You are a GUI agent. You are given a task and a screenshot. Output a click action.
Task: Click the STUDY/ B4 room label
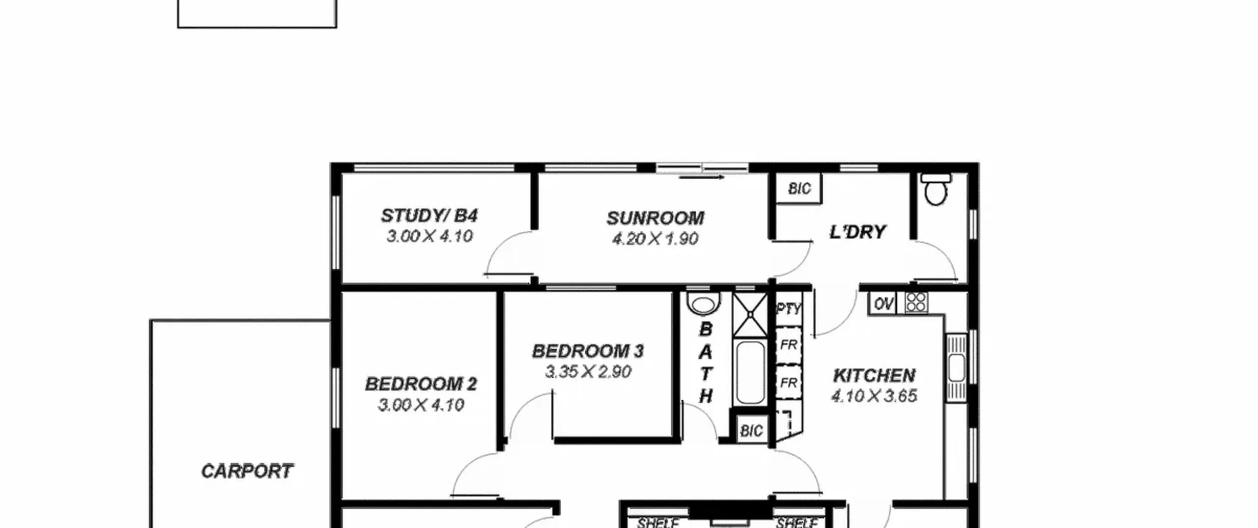click(x=429, y=216)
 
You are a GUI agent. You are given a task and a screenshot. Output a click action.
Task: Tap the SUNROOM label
click(x=655, y=218)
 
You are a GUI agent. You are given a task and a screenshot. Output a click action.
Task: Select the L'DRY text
click(x=858, y=232)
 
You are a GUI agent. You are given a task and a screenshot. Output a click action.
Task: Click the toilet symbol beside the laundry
click(x=936, y=189)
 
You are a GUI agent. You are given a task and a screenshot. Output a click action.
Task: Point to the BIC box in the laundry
click(x=799, y=188)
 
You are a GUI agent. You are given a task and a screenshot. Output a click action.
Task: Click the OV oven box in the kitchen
click(x=883, y=304)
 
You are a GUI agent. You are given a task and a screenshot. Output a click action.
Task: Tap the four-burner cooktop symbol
click(x=916, y=303)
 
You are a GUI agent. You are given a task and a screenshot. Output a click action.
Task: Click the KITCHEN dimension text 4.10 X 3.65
click(x=874, y=396)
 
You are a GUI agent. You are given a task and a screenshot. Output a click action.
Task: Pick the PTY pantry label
click(x=789, y=309)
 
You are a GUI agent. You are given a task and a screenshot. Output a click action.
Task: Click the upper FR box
click(x=789, y=345)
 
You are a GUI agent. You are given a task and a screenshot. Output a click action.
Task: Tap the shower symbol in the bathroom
click(x=750, y=315)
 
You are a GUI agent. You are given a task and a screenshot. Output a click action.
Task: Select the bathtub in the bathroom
click(x=750, y=373)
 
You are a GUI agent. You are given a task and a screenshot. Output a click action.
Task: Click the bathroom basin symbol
click(x=703, y=303)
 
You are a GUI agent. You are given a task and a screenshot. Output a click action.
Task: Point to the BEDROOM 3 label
click(x=588, y=351)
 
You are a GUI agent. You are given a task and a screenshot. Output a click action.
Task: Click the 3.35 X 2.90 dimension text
click(x=588, y=372)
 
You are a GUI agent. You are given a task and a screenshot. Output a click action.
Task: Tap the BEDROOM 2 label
click(x=421, y=384)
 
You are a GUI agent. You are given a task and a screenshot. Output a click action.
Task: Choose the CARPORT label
click(x=247, y=472)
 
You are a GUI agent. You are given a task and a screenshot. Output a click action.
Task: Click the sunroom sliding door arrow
click(x=702, y=177)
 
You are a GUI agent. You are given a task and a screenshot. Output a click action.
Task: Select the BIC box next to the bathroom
click(x=751, y=431)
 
